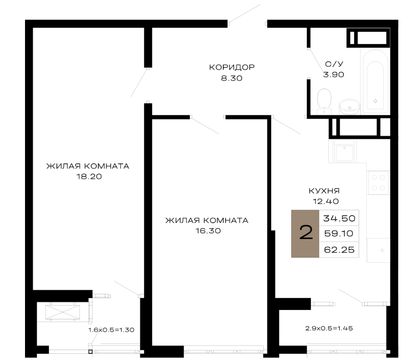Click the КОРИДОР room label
click(x=232, y=67)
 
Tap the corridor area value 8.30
click(x=232, y=78)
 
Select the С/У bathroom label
click(x=334, y=64)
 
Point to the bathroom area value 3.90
click(x=334, y=75)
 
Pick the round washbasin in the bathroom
click(x=349, y=106)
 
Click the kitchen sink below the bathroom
click(x=344, y=151)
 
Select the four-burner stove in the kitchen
click(x=378, y=182)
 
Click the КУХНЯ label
click(x=324, y=191)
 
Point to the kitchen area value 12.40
click(x=326, y=201)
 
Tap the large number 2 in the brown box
click(x=306, y=232)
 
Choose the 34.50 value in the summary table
click(x=339, y=218)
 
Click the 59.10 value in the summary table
click(x=338, y=233)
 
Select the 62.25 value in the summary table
click(x=339, y=249)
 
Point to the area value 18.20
click(x=89, y=176)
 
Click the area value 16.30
click(x=208, y=231)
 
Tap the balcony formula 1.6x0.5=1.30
click(x=111, y=330)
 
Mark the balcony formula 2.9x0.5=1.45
click(x=329, y=328)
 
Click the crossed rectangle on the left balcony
click(x=63, y=312)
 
